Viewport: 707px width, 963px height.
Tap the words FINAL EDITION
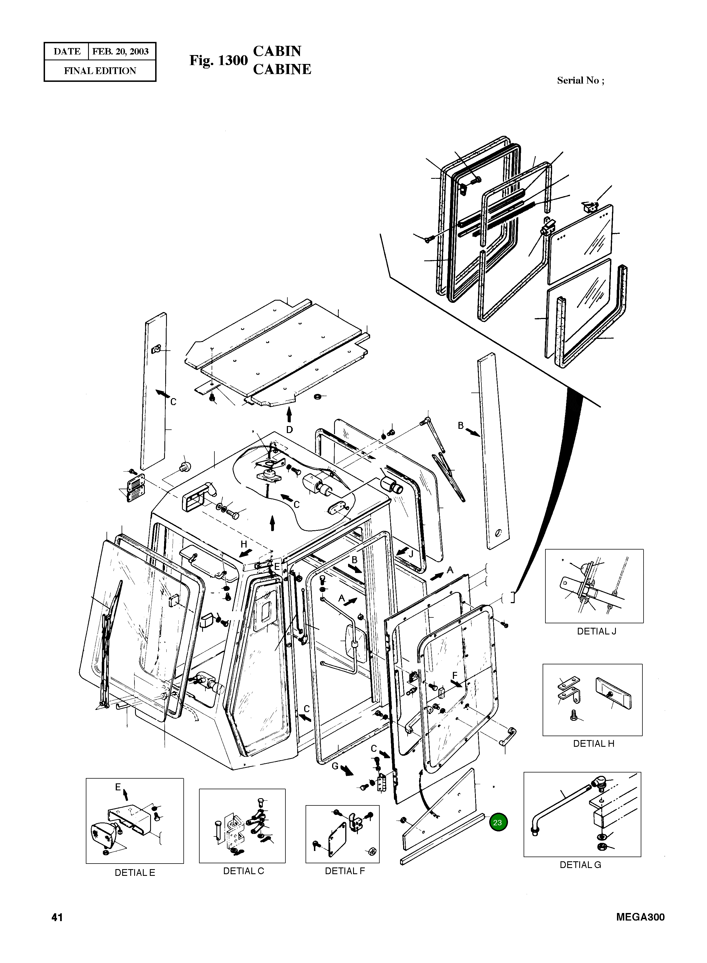(x=100, y=71)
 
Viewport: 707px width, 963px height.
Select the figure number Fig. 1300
(x=218, y=61)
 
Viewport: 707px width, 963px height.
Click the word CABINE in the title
(x=282, y=69)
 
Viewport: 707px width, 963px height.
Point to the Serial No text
(x=580, y=80)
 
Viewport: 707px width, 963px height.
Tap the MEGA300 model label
(x=640, y=917)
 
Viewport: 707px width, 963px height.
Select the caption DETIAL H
(x=593, y=744)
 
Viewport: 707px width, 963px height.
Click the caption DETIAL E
(x=135, y=873)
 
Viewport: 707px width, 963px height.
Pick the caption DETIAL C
(x=243, y=871)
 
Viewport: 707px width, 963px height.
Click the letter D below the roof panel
(x=290, y=429)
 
